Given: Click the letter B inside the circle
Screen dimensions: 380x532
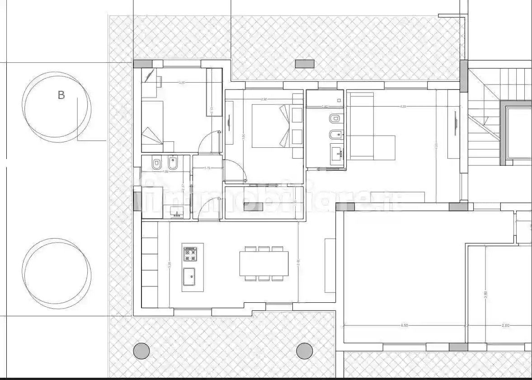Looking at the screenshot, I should tap(61, 95).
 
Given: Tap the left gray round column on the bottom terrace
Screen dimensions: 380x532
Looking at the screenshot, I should tap(141, 350).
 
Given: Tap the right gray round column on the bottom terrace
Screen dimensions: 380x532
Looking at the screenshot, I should tap(304, 350).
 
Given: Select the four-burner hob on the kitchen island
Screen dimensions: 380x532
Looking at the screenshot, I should tap(190, 254).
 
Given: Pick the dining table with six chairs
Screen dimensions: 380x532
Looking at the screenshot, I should tap(264, 263).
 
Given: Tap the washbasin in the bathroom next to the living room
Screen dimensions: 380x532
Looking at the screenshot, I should tap(337, 155).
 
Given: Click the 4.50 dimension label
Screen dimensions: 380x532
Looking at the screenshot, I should tap(404, 325).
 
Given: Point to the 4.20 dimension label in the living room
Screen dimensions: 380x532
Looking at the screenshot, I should tap(403, 107).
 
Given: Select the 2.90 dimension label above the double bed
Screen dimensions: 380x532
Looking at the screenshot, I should tap(264, 99).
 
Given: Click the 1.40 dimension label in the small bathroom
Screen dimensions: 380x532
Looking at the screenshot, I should tap(324, 107).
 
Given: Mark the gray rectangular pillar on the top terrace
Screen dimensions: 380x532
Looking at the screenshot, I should tap(304, 64).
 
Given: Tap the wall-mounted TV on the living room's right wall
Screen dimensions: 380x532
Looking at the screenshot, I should tap(454, 122).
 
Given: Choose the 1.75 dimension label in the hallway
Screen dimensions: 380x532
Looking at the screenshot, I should tap(207, 168).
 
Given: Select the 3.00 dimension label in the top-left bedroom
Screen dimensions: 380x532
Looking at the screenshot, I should tap(182, 83).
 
